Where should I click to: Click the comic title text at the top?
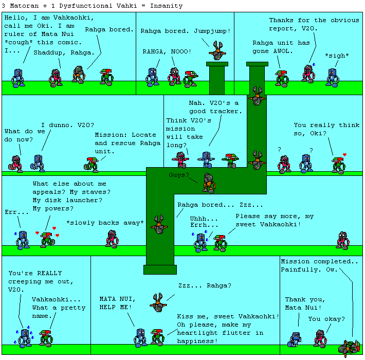(92, 6)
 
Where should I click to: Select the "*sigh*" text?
(335, 55)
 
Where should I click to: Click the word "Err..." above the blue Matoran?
(17, 212)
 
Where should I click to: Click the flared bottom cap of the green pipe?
(160, 269)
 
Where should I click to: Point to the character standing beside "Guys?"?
(208, 183)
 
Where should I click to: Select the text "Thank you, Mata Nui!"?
(303, 303)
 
